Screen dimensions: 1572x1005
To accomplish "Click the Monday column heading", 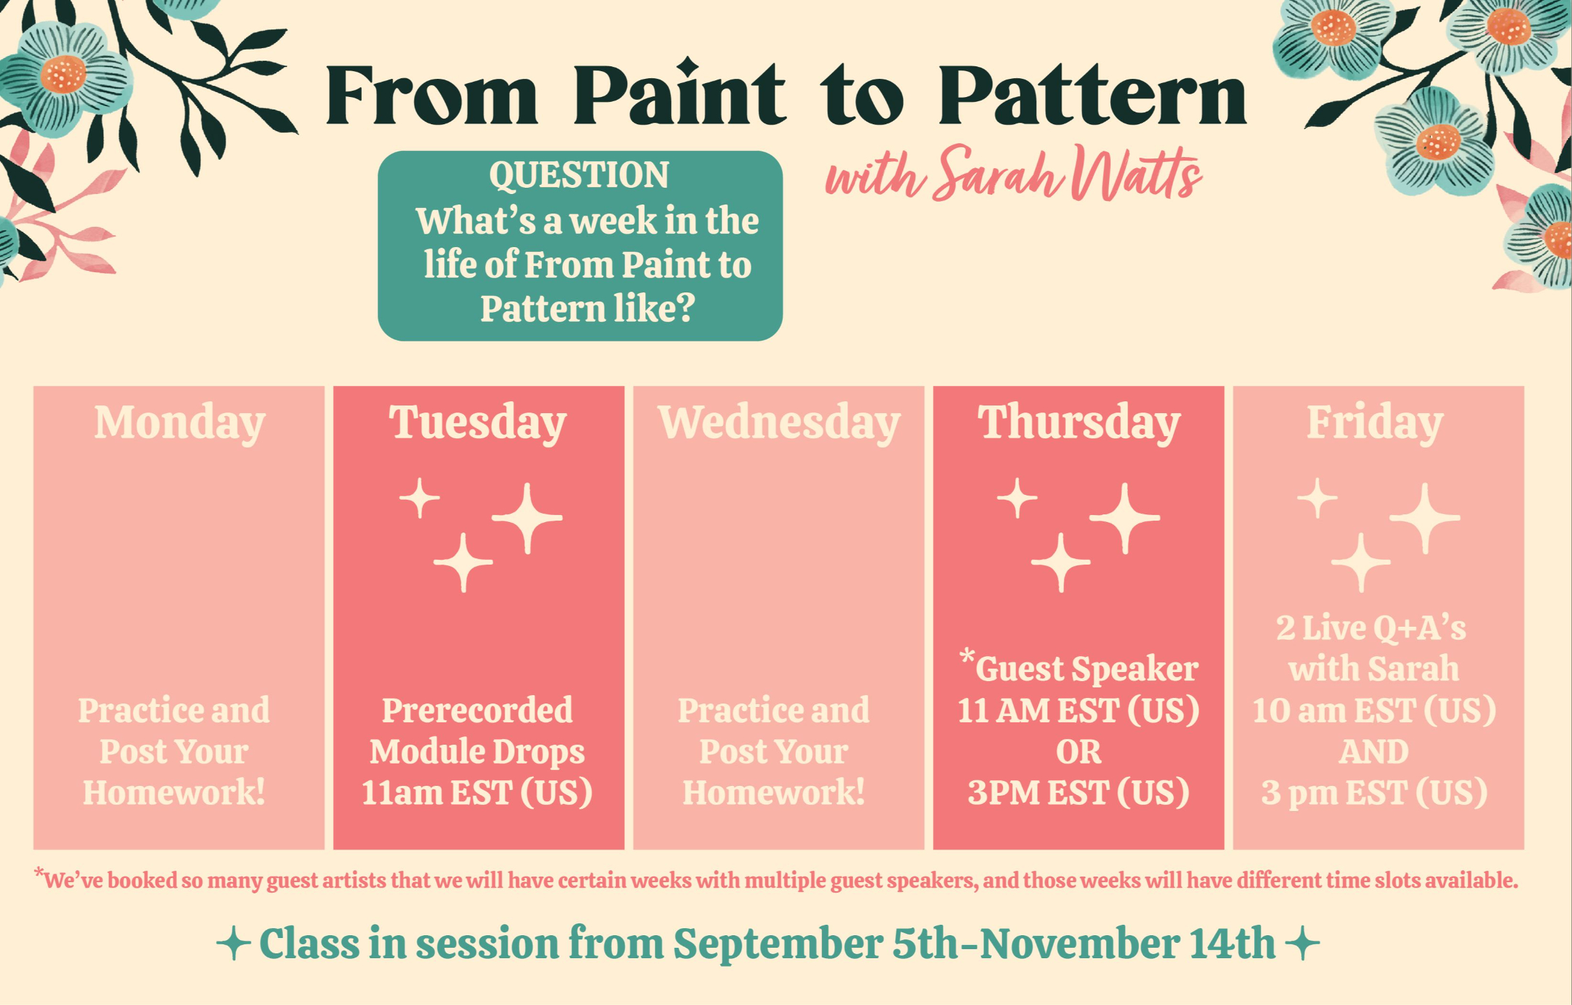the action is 179,424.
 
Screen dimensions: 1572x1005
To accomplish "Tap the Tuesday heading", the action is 478,424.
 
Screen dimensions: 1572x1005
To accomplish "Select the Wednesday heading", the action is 779,424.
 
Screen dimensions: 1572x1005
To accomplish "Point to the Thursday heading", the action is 1078,424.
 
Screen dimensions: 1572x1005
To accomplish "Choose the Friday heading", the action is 1374,424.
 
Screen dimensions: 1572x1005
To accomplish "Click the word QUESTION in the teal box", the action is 579,175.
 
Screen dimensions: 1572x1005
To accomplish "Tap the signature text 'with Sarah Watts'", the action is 1013,173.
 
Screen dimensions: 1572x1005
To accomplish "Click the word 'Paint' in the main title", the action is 679,94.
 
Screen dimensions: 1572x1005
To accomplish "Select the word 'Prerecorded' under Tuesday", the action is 477,710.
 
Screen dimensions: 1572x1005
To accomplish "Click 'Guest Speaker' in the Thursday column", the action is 1087,669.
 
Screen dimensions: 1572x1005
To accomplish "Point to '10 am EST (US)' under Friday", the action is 1374,710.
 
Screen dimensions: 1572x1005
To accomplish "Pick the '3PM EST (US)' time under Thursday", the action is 1078,793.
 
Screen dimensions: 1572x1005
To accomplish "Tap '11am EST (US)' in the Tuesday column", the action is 477,793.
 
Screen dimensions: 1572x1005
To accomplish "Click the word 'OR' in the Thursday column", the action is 1078,752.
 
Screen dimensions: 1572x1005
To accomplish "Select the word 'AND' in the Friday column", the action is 1374,752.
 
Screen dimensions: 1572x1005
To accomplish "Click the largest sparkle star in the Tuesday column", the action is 527,518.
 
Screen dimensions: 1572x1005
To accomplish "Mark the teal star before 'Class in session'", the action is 233,944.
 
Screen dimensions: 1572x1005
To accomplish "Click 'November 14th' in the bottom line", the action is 1127,944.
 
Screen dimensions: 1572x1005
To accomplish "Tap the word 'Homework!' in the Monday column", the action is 174,793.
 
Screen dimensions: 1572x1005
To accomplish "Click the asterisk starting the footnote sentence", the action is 38,872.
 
